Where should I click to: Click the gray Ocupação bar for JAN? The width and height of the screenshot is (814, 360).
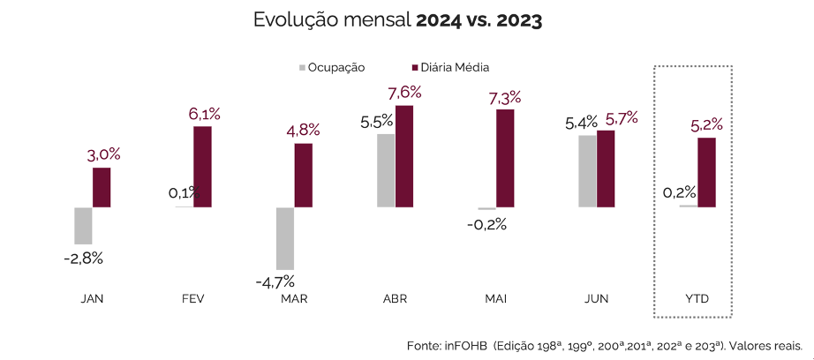point(83,226)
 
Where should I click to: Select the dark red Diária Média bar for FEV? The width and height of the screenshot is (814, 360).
point(202,167)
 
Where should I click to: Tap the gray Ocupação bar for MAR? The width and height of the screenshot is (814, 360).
point(284,238)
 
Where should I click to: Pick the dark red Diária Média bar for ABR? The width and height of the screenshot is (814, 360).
point(404,156)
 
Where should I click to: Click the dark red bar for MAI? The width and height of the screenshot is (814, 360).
point(504,158)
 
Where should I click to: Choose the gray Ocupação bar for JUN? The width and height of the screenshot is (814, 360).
point(587,171)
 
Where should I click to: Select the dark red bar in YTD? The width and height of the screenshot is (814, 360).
point(706,172)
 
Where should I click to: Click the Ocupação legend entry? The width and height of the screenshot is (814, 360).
point(331,67)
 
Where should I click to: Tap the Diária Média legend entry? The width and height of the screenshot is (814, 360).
point(450,67)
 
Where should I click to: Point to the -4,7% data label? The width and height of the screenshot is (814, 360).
point(275,282)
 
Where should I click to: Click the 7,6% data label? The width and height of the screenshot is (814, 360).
point(403,93)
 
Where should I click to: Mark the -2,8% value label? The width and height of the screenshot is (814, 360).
point(84,259)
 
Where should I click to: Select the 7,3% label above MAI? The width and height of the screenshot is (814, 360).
point(504,97)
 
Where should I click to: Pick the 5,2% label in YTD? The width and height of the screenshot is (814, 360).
point(706,125)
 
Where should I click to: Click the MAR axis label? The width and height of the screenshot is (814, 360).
point(294,299)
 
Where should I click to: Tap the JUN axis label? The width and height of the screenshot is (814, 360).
point(597,299)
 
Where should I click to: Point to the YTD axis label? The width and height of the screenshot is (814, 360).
point(697,299)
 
